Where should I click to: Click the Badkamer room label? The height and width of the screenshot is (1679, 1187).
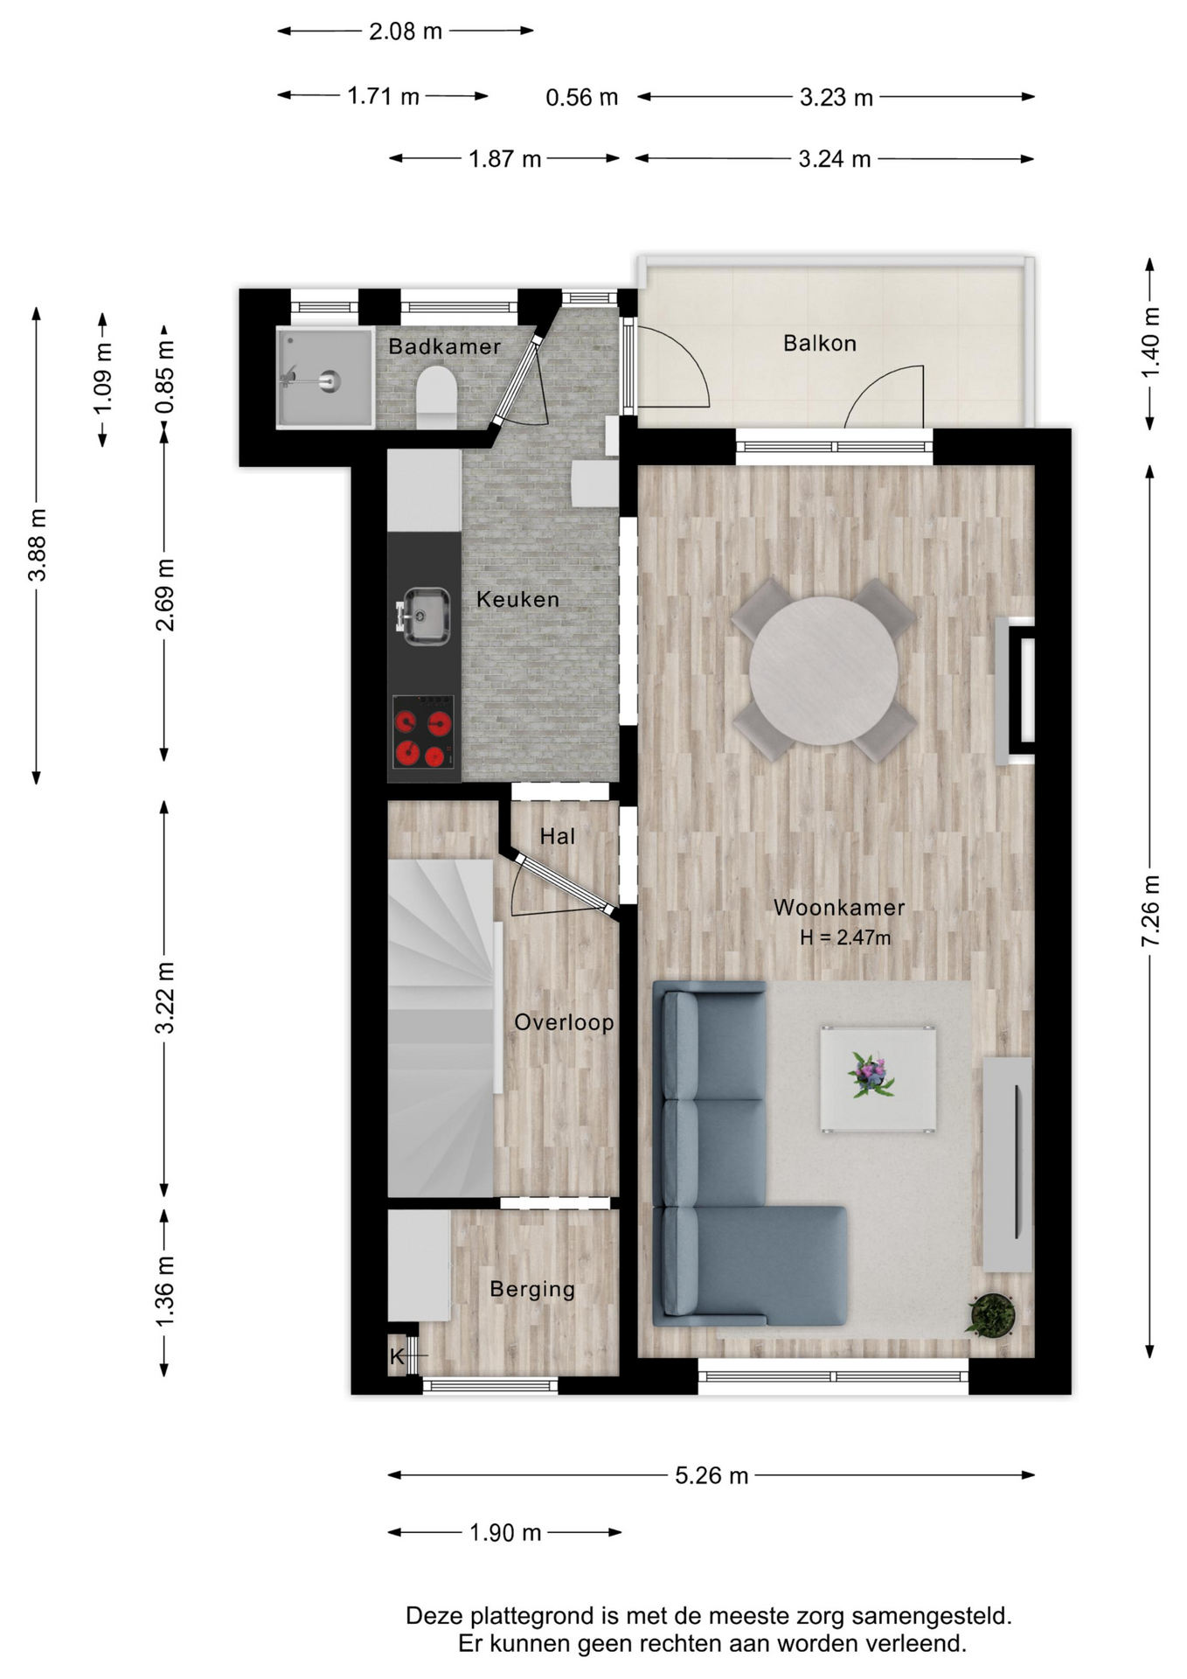click(444, 346)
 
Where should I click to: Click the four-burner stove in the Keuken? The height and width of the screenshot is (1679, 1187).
click(423, 732)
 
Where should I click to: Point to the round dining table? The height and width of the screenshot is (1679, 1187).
click(823, 671)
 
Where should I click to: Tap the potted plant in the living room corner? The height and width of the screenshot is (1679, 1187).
click(991, 1314)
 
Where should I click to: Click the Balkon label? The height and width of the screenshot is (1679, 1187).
click(819, 343)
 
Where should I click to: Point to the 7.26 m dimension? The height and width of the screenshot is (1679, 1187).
click(1150, 910)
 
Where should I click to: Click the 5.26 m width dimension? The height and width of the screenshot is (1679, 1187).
click(712, 1475)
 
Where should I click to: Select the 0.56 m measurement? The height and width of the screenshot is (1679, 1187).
click(581, 97)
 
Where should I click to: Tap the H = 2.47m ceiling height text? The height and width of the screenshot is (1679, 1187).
click(845, 937)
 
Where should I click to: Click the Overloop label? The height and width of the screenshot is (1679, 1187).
click(564, 1022)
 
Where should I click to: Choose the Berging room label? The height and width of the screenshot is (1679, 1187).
click(532, 1289)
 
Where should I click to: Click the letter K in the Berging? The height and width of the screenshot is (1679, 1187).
click(397, 1356)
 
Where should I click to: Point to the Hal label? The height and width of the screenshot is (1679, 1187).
click(558, 837)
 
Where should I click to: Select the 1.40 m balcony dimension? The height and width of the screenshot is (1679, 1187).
click(1150, 344)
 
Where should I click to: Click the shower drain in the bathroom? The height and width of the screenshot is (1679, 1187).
click(330, 381)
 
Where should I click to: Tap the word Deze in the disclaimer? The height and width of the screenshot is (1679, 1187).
click(434, 1616)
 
